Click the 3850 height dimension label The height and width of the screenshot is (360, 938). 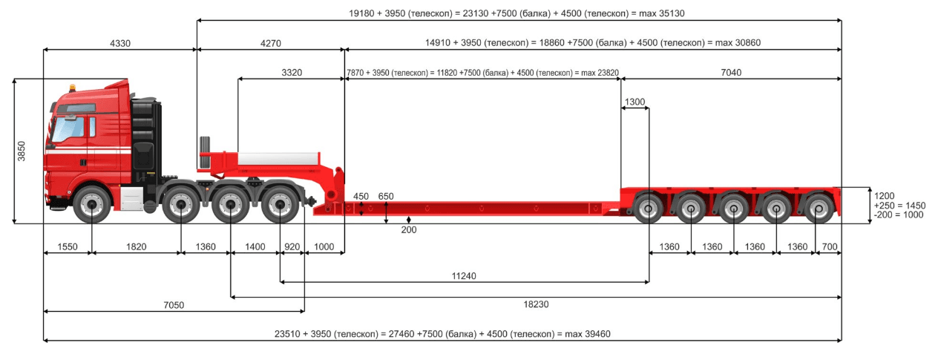22,151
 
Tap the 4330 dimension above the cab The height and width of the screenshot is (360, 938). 119,43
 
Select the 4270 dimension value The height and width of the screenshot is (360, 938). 270,43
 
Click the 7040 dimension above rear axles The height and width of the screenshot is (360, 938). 731,73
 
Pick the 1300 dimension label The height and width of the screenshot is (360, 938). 634,102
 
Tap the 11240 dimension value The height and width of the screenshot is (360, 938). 464,275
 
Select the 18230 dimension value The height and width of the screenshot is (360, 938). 536,304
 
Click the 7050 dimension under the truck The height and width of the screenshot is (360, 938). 174,305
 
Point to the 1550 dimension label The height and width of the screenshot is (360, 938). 68,246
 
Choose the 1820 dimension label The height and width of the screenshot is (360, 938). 137,246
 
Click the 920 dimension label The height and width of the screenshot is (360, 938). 292,246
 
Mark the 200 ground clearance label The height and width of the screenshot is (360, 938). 409,230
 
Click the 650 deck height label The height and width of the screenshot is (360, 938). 386,197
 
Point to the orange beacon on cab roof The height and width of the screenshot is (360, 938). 73,88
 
